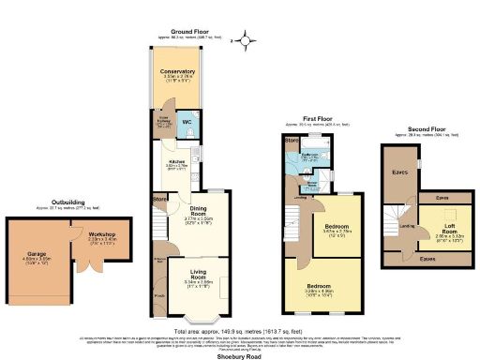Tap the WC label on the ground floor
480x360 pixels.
[186, 123]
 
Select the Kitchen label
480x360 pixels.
[178, 162]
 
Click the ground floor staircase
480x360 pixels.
[159, 227]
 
